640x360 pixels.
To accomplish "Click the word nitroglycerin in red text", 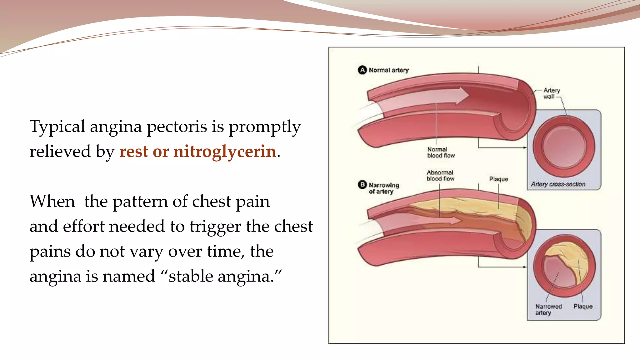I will point(225,152).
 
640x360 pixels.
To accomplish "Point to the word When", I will point(52,202).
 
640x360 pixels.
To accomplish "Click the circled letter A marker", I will point(362,70).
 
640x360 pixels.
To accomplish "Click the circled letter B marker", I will point(362,185).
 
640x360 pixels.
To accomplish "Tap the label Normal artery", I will point(388,70).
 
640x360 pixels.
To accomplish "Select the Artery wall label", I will point(551,93).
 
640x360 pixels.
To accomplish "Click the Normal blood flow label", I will point(441,152).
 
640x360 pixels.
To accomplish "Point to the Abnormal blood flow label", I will point(440,176).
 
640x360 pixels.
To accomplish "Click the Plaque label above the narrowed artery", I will point(498,179).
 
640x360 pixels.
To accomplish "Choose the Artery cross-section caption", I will point(558,184).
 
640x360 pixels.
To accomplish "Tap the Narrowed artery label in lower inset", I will point(548,310).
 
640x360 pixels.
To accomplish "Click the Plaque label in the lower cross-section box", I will point(583,307).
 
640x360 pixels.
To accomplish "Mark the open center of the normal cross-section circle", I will point(564,146).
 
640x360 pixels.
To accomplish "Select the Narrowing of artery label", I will point(383,188).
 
